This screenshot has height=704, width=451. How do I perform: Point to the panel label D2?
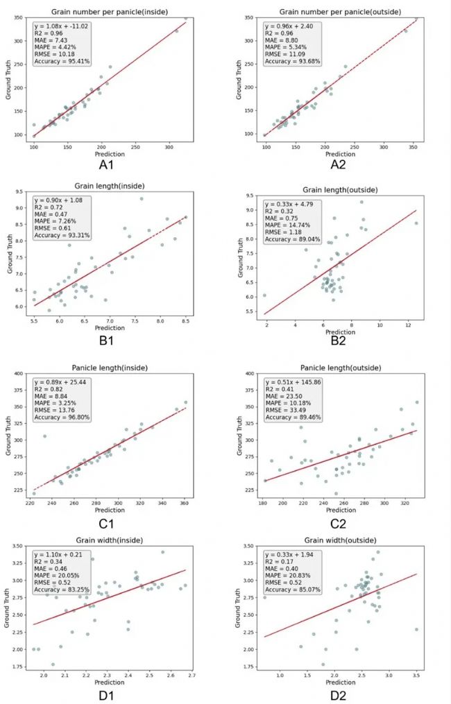335,694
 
